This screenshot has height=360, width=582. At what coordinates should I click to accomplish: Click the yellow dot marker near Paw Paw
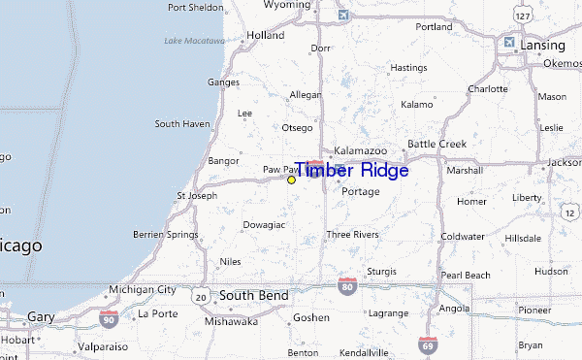tap(291, 180)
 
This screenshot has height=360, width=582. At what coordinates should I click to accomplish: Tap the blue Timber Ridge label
tap(350, 170)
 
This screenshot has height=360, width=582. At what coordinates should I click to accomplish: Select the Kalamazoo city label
tap(360, 152)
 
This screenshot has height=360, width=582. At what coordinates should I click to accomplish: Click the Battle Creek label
tap(436, 144)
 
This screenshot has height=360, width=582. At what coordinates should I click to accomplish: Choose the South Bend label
tap(253, 294)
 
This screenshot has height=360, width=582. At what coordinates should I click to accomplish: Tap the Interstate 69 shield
tap(427, 344)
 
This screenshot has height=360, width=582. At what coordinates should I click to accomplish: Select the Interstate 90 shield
tap(108, 316)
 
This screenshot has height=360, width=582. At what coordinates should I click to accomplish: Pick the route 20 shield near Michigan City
tap(200, 295)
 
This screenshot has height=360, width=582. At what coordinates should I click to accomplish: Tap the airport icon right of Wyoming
tap(342, 16)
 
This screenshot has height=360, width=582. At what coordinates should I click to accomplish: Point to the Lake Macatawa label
tap(193, 41)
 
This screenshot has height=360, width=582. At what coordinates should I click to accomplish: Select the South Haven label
tap(181, 124)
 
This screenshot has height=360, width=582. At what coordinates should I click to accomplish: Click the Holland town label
tap(266, 36)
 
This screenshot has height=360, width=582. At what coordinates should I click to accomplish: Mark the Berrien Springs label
tap(170, 236)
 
